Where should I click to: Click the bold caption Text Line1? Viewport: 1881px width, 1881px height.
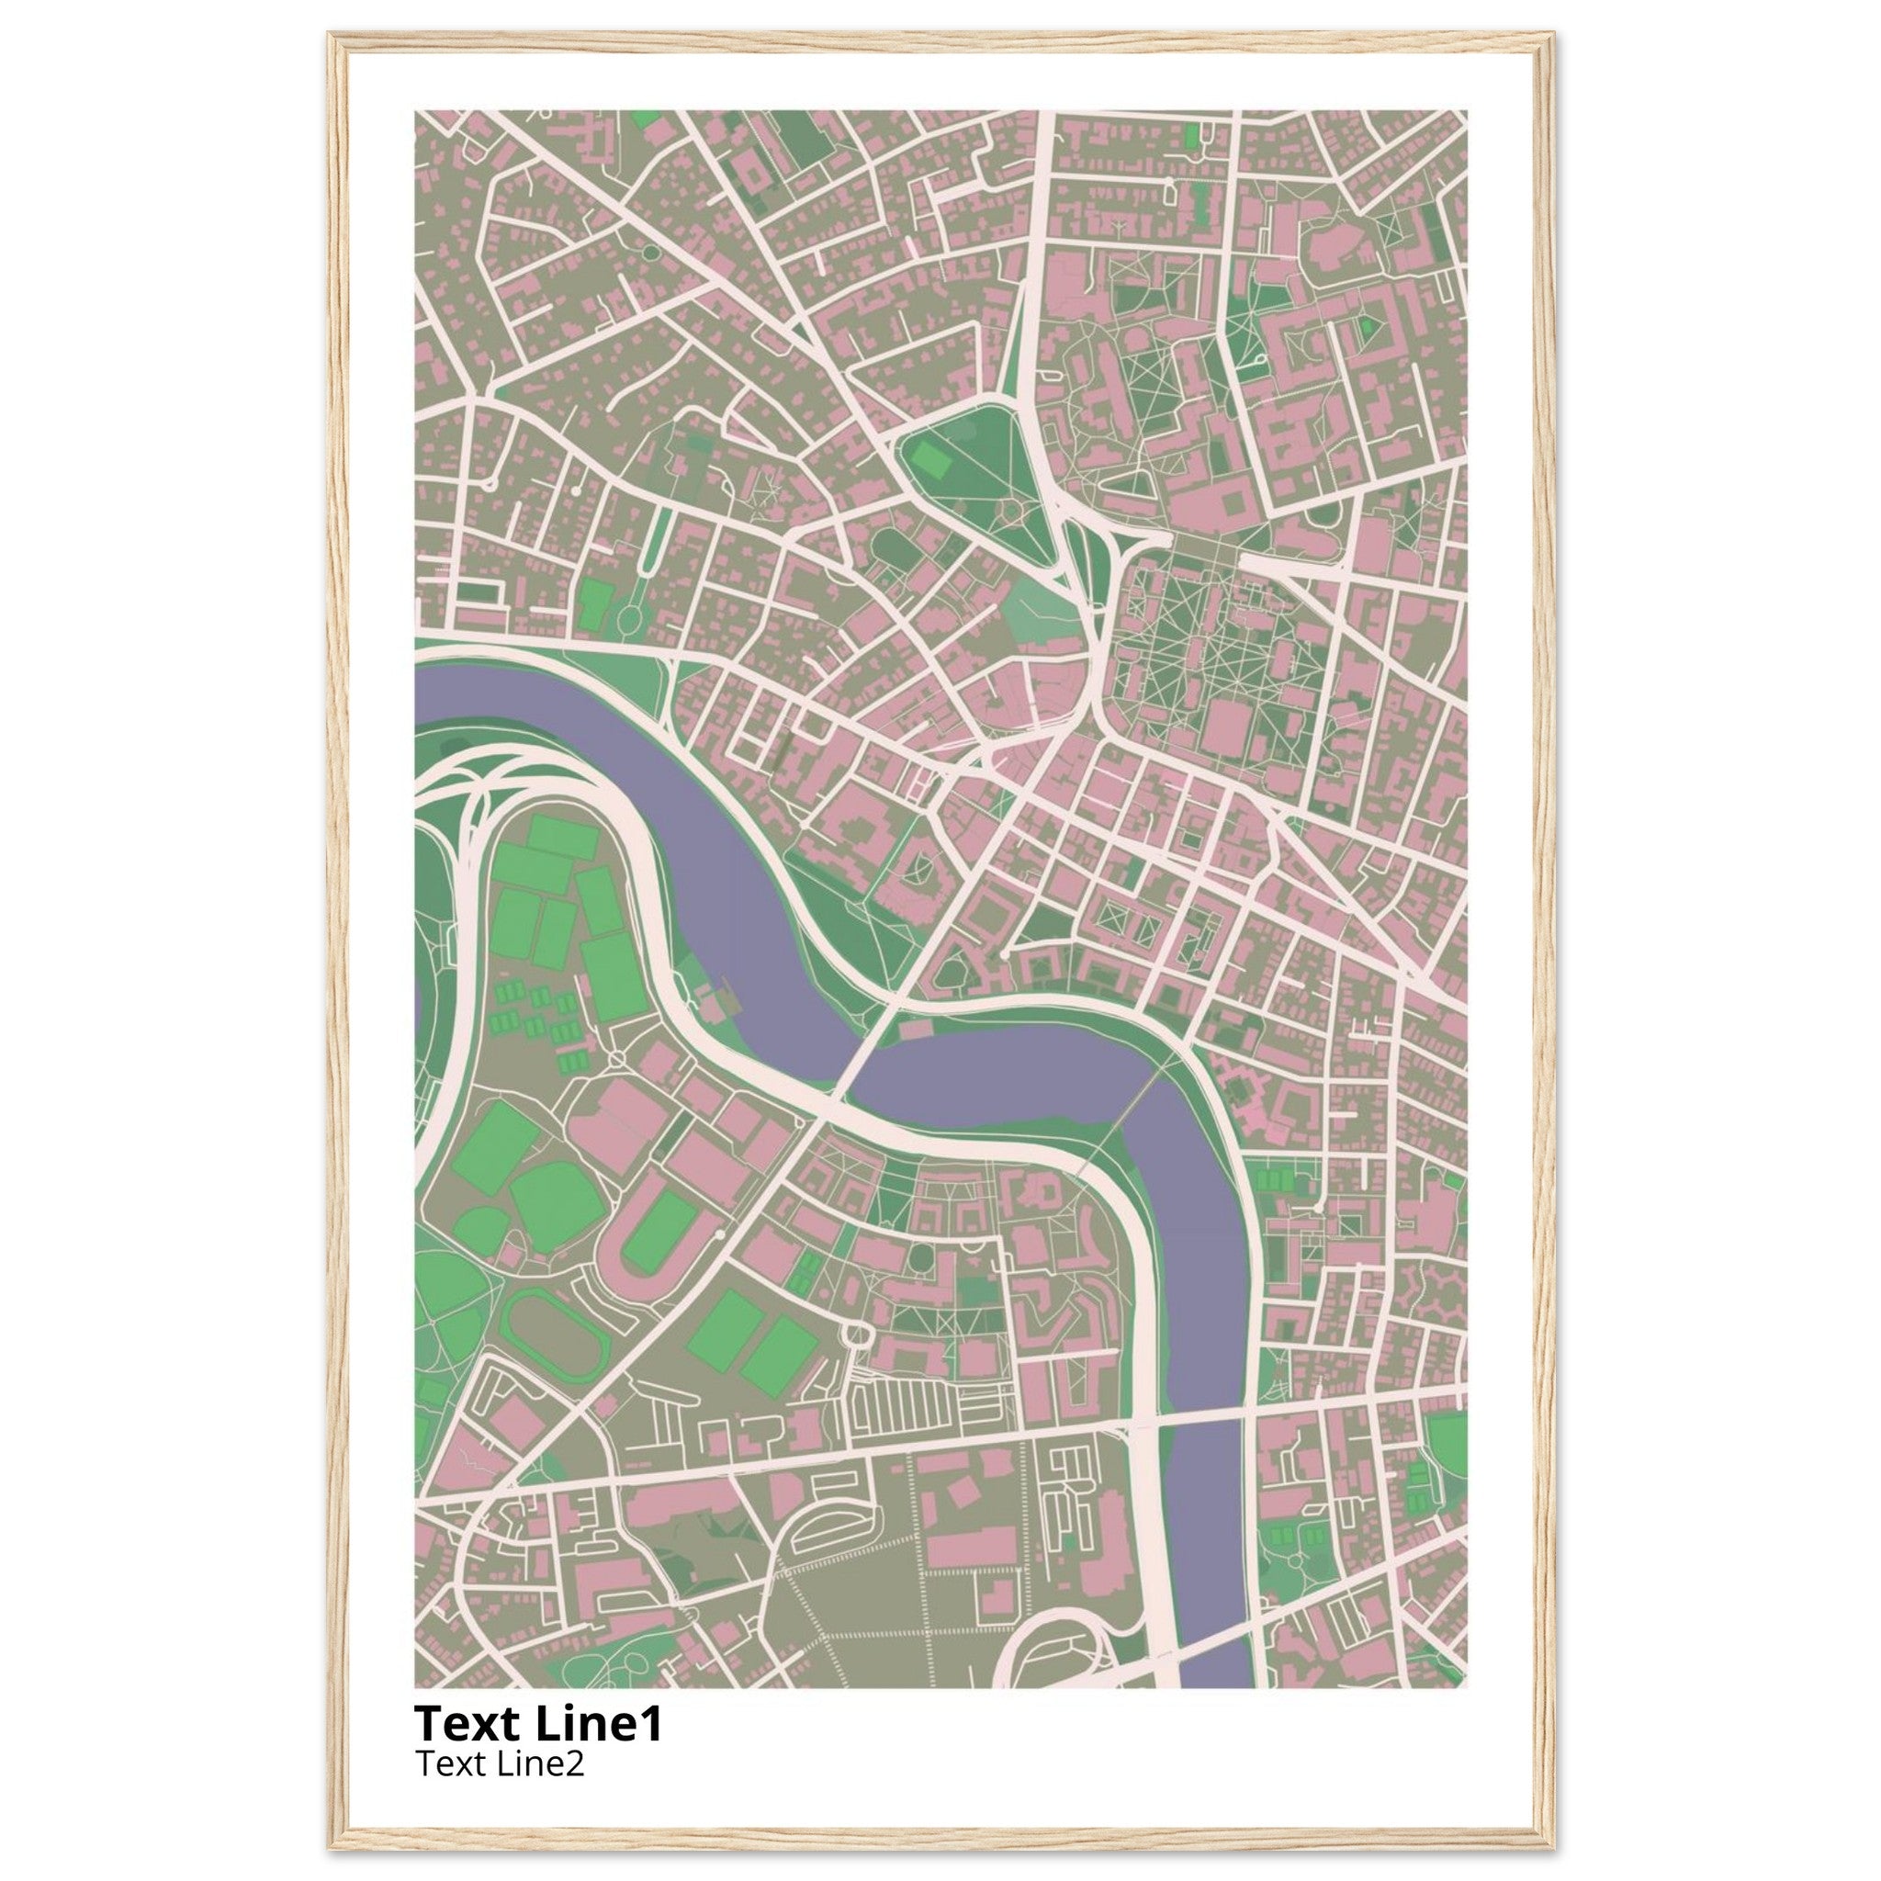(538, 1723)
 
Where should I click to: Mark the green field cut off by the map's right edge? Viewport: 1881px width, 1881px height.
(1448, 1446)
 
